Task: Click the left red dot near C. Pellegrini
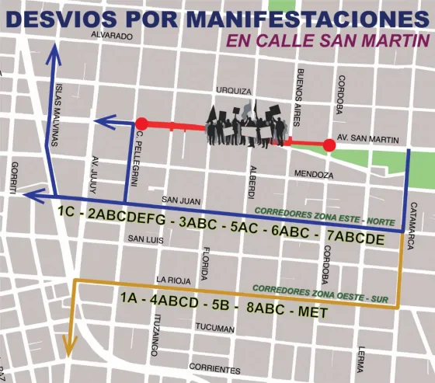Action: (x=141, y=123)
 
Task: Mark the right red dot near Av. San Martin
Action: (x=329, y=144)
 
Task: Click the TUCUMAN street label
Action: (x=214, y=329)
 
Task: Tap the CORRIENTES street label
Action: (x=214, y=369)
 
